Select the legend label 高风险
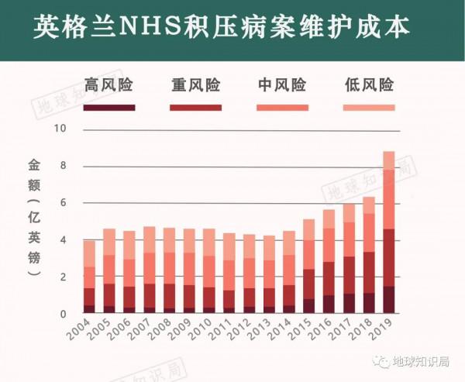[109, 84]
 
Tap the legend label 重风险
[195, 84]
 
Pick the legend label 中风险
[281, 84]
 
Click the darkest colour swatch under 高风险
[109, 107]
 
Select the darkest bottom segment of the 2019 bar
[388, 300]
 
